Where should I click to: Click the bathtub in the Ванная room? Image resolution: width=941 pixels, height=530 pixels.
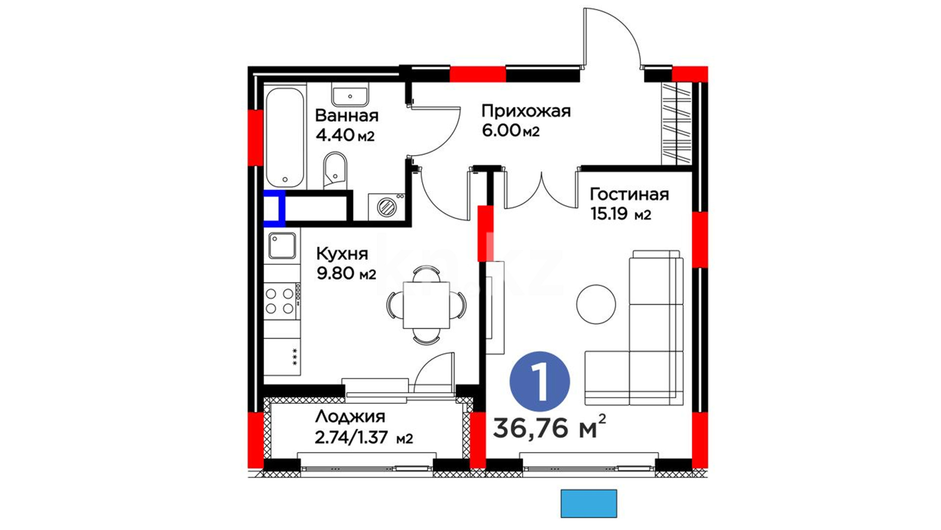tap(286, 137)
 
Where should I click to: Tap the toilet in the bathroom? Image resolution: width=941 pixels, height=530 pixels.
tap(335, 171)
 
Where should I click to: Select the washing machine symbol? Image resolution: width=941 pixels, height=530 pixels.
tap(386, 207)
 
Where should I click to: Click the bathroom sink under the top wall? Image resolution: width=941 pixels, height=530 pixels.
tap(350, 97)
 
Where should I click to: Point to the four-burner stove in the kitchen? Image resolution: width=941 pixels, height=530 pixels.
tap(282, 301)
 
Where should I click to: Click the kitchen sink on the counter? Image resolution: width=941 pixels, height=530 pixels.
tap(282, 246)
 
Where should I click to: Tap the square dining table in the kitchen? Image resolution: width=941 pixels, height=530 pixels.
tap(426, 305)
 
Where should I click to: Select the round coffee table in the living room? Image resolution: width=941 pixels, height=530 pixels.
tap(596, 305)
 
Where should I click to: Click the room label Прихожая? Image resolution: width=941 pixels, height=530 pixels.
tap(526, 111)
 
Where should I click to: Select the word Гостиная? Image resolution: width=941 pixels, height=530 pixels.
tap(629, 194)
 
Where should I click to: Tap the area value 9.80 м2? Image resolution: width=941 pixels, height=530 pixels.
tap(347, 273)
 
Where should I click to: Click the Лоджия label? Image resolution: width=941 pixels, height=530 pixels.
tap(350, 417)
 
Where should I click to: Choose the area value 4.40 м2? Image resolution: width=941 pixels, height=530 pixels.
tap(345, 135)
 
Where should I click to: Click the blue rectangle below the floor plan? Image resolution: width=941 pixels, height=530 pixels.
tap(589, 503)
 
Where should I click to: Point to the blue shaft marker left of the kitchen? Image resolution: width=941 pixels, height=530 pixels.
tap(274, 209)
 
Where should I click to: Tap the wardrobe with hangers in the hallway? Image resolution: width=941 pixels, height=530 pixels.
tap(676, 124)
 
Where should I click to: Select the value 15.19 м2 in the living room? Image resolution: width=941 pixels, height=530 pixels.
tap(621, 214)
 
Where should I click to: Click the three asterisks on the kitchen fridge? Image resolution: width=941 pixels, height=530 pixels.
tap(295, 357)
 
